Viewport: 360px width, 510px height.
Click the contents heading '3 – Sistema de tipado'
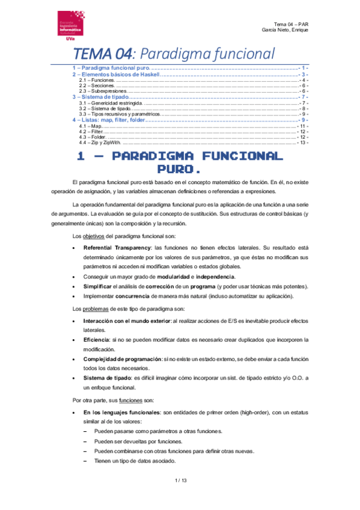[100, 97]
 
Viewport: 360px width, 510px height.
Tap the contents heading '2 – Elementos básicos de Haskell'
[116, 74]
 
